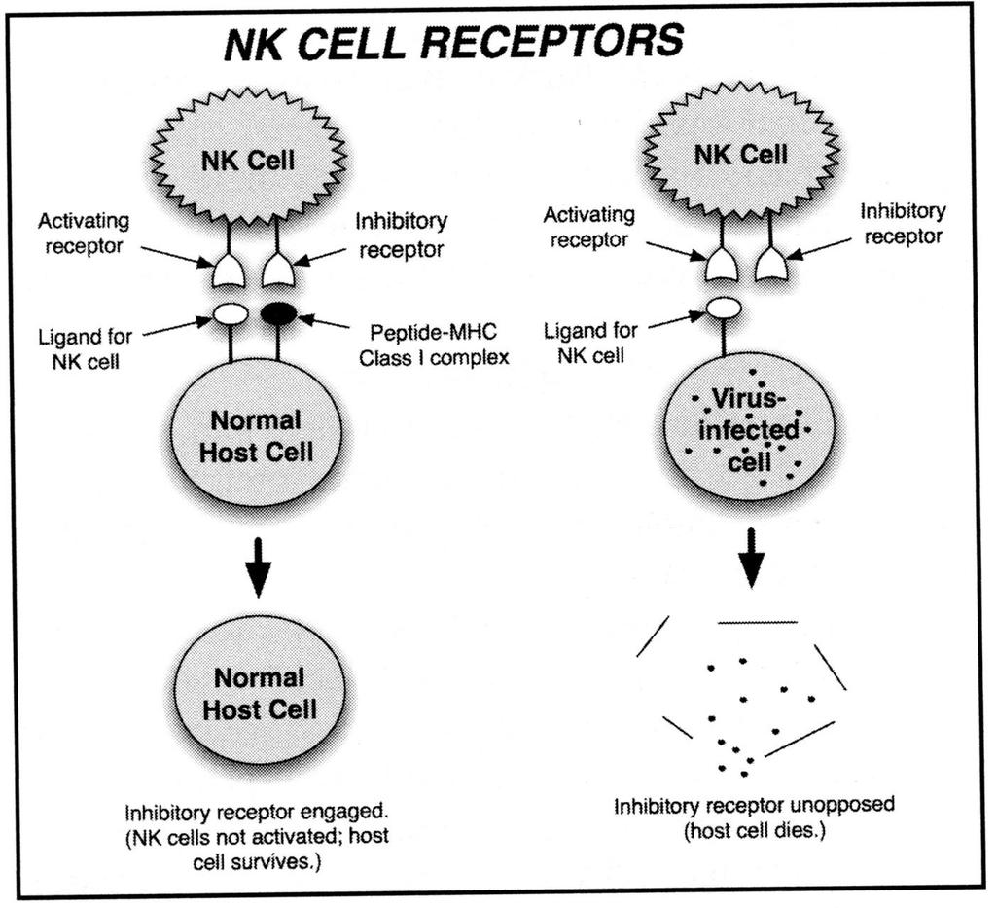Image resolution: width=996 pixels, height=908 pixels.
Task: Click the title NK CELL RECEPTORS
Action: click(x=454, y=41)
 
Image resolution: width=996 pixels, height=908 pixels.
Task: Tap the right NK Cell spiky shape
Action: click(x=740, y=155)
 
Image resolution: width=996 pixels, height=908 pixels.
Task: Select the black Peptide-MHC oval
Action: click(x=279, y=312)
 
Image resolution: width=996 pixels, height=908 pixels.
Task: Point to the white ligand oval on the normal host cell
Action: click(x=230, y=313)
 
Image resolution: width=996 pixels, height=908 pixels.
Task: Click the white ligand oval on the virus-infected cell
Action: click(x=724, y=309)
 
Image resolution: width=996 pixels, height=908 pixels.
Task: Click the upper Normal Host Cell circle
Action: click(x=256, y=434)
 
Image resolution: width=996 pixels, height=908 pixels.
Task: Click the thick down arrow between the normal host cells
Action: click(x=258, y=567)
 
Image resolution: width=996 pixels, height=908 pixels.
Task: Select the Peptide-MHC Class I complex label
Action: click(x=434, y=345)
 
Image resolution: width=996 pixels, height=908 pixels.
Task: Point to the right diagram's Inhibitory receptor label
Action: click(x=903, y=224)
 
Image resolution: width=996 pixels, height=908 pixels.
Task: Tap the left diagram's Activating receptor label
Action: click(x=84, y=234)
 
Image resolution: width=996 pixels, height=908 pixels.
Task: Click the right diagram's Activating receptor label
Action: click(x=588, y=227)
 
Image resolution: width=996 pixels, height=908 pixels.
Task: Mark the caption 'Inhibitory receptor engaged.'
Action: click(x=256, y=812)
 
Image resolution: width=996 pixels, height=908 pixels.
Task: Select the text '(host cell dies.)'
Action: click(x=754, y=830)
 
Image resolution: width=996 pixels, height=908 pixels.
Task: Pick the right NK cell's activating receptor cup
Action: click(x=723, y=264)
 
